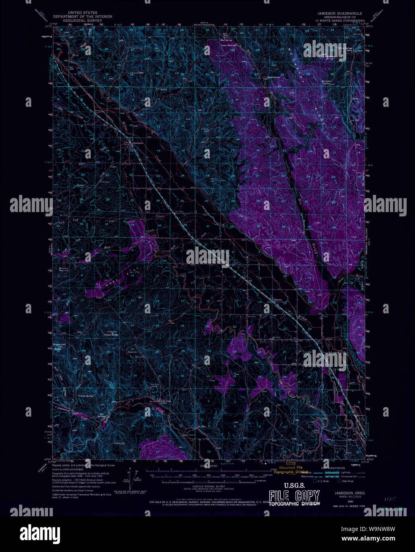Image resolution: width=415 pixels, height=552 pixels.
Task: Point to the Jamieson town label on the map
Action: [137, 143]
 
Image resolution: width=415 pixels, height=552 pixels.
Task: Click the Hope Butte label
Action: [111, 335]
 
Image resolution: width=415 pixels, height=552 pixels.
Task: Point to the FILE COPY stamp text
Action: [294, 496]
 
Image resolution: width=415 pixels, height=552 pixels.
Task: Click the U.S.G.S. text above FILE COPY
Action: [294, 485]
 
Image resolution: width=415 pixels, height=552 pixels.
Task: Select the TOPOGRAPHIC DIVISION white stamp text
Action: [294, 504]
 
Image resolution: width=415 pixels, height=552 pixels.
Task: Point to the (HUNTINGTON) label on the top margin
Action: [204, 25]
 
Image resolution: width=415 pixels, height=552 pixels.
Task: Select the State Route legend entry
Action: [347, 481]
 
